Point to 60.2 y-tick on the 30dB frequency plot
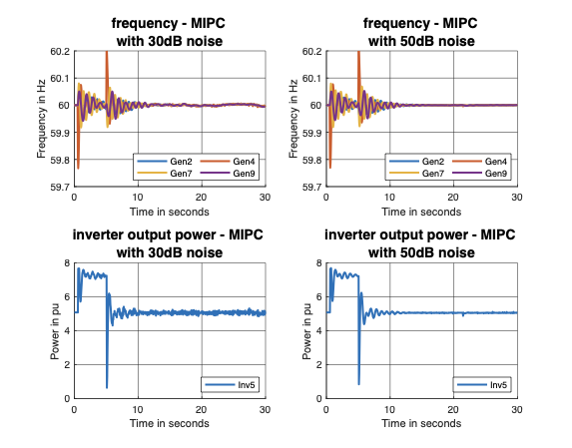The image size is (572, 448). tap(59, 51)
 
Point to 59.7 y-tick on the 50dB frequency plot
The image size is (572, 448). tap(312, 187)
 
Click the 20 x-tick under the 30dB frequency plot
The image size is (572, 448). tap(201, 198)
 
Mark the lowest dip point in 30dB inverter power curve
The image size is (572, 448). tap(106, 387)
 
